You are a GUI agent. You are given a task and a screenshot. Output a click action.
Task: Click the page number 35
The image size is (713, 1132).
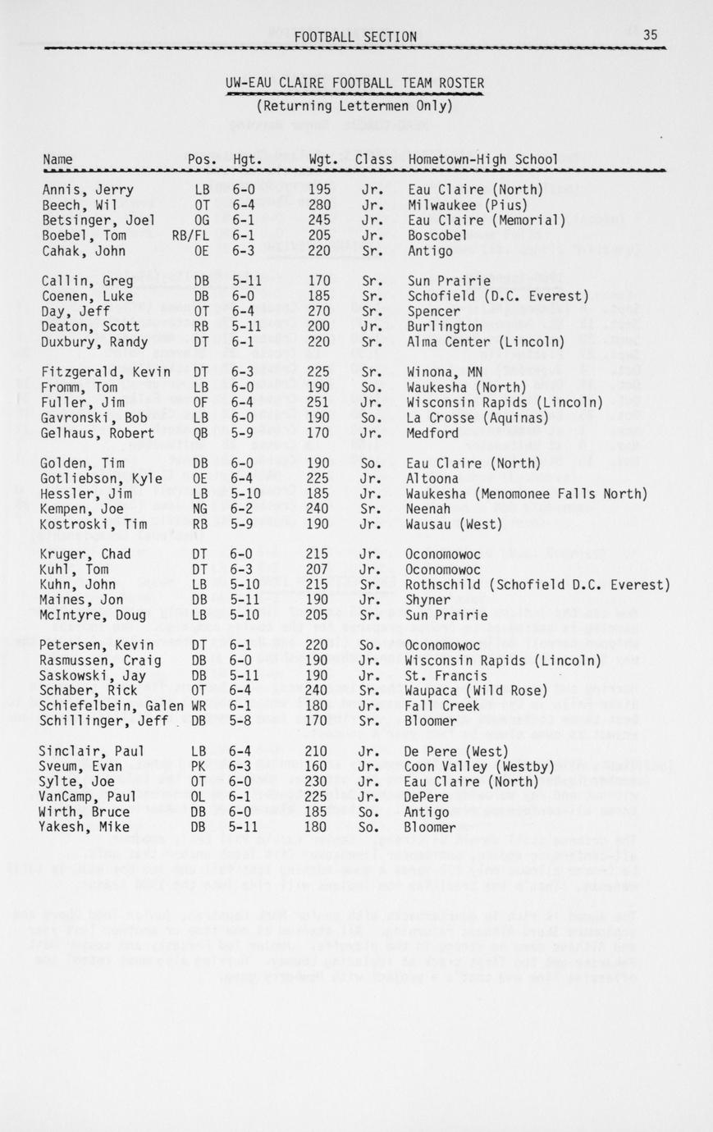pyautogui.click(x=651, y=35)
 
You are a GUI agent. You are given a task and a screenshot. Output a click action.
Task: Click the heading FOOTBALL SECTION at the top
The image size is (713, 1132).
pyautogui.click(x=355, y=37)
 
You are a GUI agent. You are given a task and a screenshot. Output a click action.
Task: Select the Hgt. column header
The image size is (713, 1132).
pyautogui.click(x=247, y=159)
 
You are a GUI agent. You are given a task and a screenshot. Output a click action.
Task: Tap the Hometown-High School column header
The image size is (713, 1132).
pyautogui.click(x=482, y=159)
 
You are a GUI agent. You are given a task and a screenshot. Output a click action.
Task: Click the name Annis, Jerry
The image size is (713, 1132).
pyautogui.click(x=87, y=190)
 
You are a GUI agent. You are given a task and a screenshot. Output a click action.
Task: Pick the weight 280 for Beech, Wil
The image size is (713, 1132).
pyautogui.click(x=319, y=205)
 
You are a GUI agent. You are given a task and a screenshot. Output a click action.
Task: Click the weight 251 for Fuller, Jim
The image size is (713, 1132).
pyautogui.click(x=319, y=403)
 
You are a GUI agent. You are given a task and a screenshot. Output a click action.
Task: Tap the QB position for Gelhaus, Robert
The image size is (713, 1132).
pyautogui.click(x=199, y=433)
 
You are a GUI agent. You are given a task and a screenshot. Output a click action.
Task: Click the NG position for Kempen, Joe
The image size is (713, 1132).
pyautogui.click(x=199, y=509)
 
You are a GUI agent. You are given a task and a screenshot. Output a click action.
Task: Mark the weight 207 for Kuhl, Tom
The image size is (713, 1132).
pyautogui.click(x=319, y=569)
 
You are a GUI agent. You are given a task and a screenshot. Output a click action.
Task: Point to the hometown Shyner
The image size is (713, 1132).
pyautogui.click(x=429, y=600)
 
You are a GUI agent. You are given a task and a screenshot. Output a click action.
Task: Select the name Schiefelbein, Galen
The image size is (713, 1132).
pyautogui.click(x=112, y=706)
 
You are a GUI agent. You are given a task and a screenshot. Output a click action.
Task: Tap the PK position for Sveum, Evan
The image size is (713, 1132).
pyautogui.click(x=199, y=767)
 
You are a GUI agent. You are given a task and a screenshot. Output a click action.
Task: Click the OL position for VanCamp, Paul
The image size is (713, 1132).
pyautogui.click(x=199, y=797)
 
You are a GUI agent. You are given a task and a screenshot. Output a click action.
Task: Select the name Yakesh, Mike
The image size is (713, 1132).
pyautogui.click(x=85, y=828)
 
